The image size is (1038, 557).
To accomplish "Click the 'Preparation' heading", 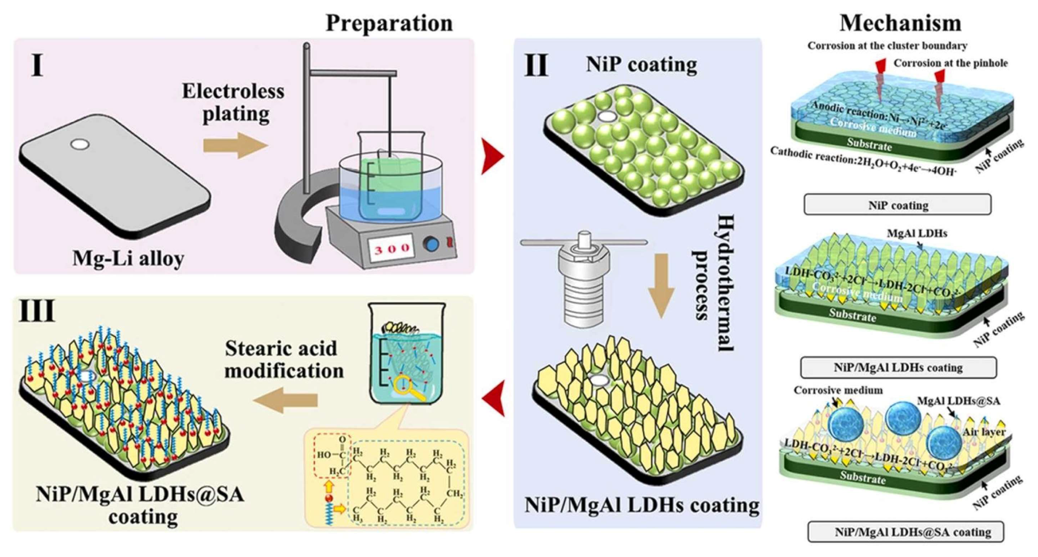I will coord(389,23).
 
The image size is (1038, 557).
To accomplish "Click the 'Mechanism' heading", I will coord(900,23).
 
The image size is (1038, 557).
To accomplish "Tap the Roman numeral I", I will coord(37,66).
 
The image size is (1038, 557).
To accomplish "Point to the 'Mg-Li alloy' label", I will coord(128,258).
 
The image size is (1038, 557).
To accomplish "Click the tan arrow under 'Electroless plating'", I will coord(235,145).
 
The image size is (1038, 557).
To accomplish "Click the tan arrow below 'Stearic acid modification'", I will coord(285,400).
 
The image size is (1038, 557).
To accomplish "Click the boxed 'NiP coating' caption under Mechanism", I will coord(897,205).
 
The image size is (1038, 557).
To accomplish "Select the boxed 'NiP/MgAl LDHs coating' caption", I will coord(898,368).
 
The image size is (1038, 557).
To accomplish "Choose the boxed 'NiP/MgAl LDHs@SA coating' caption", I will coord(905,532).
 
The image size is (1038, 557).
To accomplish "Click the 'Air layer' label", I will coord(984,432).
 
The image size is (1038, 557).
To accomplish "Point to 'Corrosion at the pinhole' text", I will coord(950,63).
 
